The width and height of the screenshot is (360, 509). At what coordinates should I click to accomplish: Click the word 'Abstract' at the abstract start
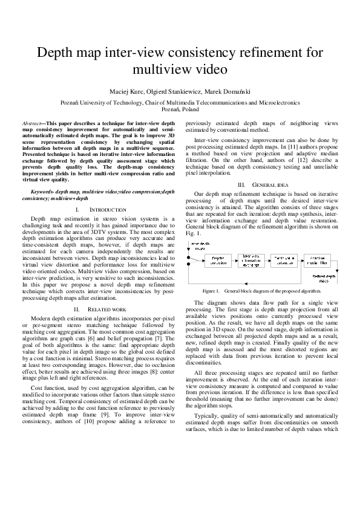pos(41,123)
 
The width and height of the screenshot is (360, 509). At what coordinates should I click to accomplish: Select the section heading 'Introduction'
pos(107,210)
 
